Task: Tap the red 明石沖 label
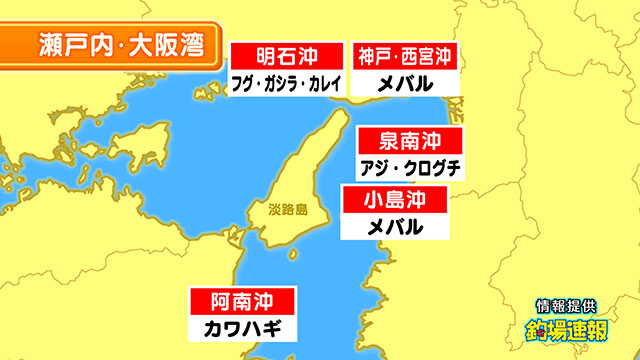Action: tap(287, 55)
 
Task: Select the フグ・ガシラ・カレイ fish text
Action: tap(287, 82)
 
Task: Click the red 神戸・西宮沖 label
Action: tap(404, 55)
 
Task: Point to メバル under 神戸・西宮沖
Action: tap(404, 82)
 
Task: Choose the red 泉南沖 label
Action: tap(409, 140)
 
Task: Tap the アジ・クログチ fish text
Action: tap(409, 167)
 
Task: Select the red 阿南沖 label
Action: tap(242, 300)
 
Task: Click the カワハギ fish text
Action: tap(242, 327)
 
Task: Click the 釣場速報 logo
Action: tap(566, 329)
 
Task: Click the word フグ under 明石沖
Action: tap(243, 82)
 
